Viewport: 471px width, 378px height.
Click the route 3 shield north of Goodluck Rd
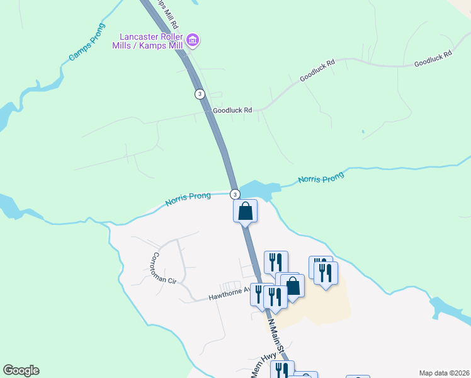[200, 94]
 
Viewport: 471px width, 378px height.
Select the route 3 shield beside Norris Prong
[234, 194]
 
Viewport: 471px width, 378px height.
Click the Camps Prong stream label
[87, 46]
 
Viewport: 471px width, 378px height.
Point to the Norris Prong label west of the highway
[188, 200]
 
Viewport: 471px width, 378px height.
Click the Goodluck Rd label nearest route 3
[232, 110]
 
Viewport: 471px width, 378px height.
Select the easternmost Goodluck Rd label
[433, 60]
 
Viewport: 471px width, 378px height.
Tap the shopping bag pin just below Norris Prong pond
[246, 210]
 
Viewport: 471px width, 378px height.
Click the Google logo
[21, 370]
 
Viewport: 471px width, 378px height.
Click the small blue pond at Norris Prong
[258, 189]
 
